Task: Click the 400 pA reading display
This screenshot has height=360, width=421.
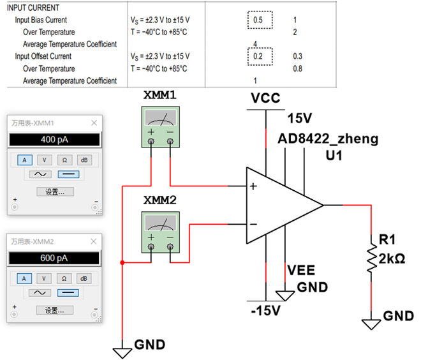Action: (54, 139)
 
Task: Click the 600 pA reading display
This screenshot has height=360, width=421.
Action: (54, 258)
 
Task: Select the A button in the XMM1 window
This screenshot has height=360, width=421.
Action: (24, 160)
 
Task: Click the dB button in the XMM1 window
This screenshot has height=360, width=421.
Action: (84, 160)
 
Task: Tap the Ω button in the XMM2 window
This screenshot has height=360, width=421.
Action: (64, 278)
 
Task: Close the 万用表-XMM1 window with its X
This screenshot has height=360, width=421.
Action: (94, 123)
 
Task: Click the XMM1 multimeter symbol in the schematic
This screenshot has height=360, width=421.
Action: (160, 124)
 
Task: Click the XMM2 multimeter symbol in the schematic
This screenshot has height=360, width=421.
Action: (160, 229)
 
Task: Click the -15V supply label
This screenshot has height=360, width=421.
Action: (265, 311)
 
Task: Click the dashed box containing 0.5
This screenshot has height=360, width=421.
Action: (258, 20)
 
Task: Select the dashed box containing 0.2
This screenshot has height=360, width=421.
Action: (258, 56)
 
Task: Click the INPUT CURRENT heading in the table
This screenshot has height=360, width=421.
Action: (33, 8)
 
